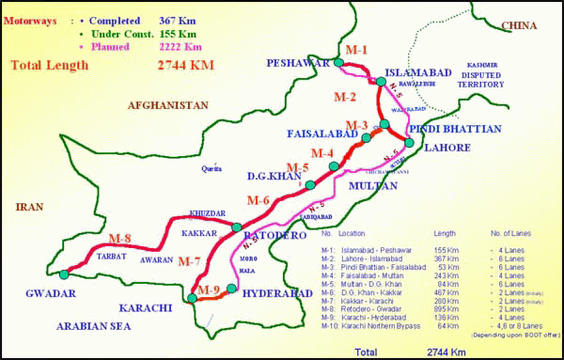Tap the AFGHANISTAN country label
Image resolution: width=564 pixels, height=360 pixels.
click(167, 105)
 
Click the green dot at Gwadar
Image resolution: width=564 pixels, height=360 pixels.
click(63, 274)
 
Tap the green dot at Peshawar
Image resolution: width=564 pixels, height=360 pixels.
click(337, 63)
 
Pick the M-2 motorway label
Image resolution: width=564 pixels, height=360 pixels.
click(346, 97)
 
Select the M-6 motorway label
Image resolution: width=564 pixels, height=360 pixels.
click(258, 200)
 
